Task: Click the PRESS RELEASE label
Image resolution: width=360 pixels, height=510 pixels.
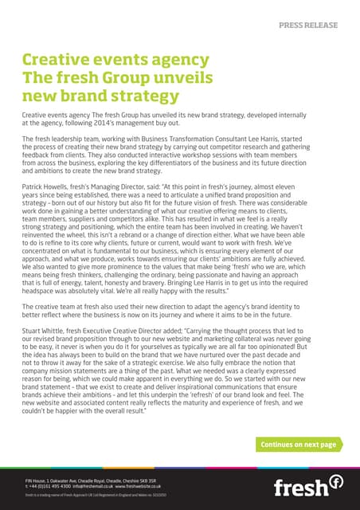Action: point(308,25)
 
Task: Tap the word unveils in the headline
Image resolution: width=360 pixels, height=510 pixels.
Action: point(167,79)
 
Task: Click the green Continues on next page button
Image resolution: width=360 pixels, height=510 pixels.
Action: point(298,444)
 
